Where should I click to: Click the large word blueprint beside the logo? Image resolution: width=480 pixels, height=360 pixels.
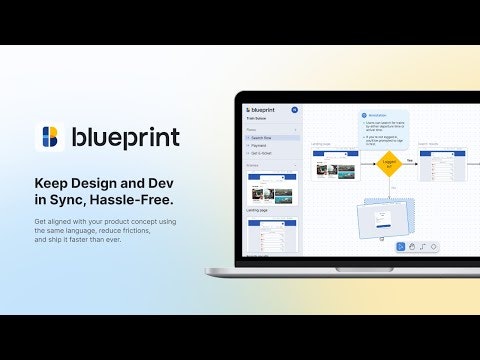click(x=125, y=137)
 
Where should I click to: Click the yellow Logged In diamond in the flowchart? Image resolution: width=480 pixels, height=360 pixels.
click(x=390, y=162)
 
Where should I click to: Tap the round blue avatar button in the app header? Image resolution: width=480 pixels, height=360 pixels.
click(x=295, y=109)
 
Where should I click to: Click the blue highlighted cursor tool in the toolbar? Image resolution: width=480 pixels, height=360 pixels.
click(x=400, y=246)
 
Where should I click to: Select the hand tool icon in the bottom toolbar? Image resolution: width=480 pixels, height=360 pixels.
click(x=411, y=246)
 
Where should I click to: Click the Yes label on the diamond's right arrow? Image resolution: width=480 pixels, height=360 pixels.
click(x=410, y=159)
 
